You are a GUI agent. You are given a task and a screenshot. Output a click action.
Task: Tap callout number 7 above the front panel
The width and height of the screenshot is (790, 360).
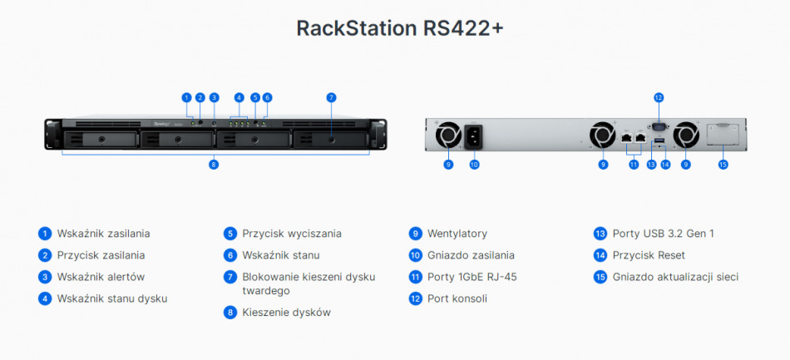(331, 97)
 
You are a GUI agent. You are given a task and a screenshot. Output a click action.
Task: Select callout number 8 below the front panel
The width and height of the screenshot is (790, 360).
(214, 165)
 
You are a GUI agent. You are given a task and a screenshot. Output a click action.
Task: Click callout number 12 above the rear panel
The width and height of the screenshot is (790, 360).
(659, 97)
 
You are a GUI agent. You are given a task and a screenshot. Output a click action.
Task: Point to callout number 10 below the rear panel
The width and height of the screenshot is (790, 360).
(474, 165)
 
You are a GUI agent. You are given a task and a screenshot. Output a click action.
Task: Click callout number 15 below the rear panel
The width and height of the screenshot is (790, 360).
(723, 165)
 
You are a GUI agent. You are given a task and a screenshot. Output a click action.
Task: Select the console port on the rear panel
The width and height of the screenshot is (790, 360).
(659, 125)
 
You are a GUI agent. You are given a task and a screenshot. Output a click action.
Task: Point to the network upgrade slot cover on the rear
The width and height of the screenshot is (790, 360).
(723, 135)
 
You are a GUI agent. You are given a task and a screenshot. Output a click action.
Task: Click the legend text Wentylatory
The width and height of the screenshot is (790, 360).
(457, 234)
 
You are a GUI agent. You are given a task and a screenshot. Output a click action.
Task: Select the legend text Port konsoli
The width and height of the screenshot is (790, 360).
(457, 298)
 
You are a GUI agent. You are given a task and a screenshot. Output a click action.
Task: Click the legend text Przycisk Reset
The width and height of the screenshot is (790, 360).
(649, 255)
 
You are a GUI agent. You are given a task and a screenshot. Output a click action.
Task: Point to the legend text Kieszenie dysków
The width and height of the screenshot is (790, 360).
(286, 313)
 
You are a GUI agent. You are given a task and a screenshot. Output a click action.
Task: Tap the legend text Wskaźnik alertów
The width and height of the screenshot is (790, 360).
(96, 277)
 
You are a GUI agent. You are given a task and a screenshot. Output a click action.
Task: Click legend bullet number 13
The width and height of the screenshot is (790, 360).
(600, 234)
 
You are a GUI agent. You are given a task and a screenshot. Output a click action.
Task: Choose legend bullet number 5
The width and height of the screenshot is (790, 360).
(230, 234)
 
